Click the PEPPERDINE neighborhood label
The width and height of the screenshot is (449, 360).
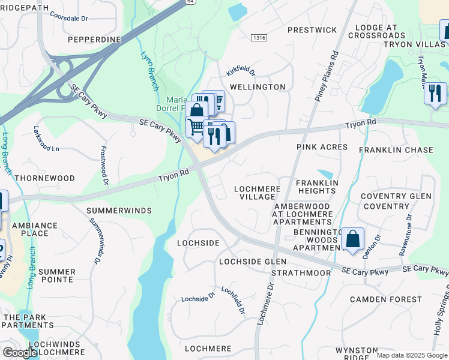click(95, 40)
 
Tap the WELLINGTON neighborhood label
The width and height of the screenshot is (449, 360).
click(257, 87)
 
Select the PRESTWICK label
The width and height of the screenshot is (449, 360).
click(312, 30)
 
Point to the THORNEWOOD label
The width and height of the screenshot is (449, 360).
click(44, 179)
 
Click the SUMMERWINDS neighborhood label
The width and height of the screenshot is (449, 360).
click(119, 211)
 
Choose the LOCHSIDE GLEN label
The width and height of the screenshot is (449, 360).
click(253, 262)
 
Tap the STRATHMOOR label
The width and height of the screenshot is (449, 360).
click(301, 273)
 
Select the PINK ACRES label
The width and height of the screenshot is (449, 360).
click(322, 147)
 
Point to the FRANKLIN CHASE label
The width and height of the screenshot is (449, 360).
click(396, 150)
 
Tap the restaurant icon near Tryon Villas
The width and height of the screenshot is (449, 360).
click(435, 94)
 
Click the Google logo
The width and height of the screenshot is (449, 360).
click(20, 353)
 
